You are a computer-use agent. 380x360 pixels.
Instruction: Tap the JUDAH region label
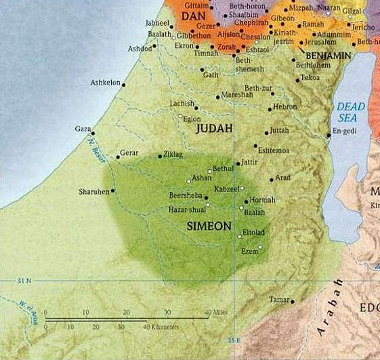click(214, 128)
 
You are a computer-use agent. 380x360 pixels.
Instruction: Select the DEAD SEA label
click(351, 112)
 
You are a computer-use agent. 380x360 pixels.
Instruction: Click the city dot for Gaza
click(93, 133)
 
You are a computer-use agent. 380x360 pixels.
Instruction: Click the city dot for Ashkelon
click(123, 84)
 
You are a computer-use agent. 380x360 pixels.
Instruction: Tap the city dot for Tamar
click(293, 301)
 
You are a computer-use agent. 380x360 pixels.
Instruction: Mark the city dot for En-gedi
click(329, 135)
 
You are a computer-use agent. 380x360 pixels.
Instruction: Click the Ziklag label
click(173, 155)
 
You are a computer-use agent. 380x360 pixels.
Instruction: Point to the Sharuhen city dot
click(113, 191)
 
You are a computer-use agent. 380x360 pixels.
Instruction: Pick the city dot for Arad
click(272, 180)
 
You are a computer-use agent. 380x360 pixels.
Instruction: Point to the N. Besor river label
click(93, 152)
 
